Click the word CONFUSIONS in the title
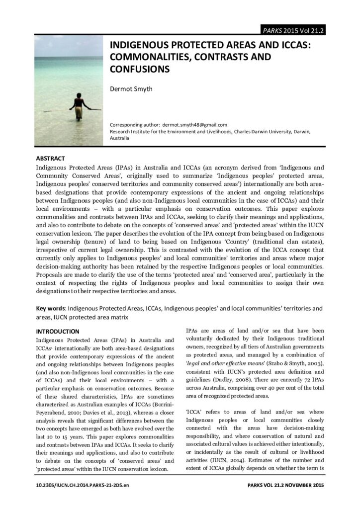tap(140, 69)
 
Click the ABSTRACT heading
tap(50, 159)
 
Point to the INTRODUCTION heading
tap(58, 331)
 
